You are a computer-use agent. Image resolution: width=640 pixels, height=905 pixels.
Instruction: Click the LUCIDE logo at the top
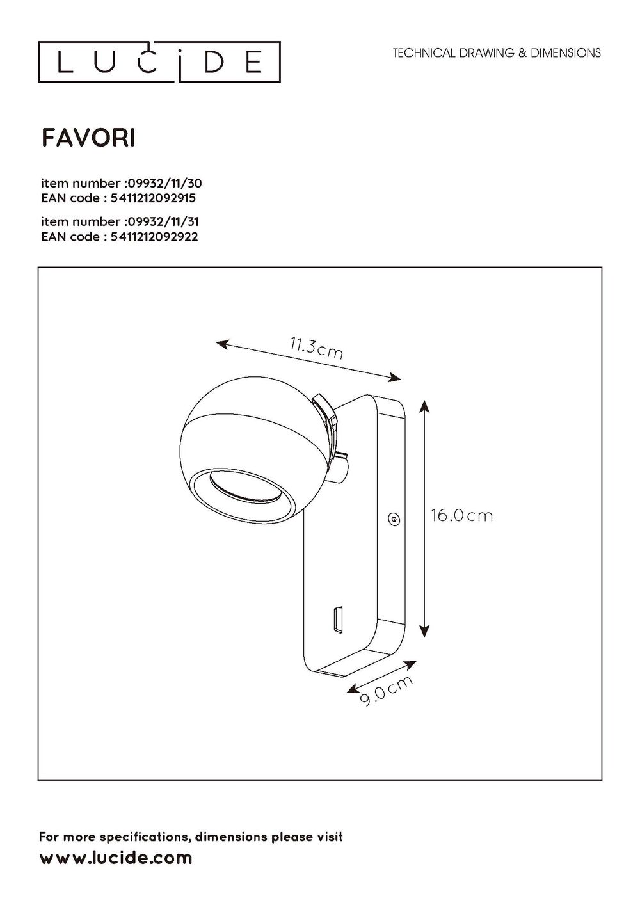159,62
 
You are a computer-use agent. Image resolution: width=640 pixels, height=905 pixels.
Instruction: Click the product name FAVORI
88,138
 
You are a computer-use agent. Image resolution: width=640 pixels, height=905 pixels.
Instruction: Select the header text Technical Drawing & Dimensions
497,53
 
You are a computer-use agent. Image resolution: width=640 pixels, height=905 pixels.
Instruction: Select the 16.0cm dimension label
461,516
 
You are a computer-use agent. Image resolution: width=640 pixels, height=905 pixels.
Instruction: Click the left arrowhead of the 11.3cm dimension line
221,344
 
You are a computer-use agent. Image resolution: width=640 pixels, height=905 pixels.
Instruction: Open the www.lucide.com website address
116,858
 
